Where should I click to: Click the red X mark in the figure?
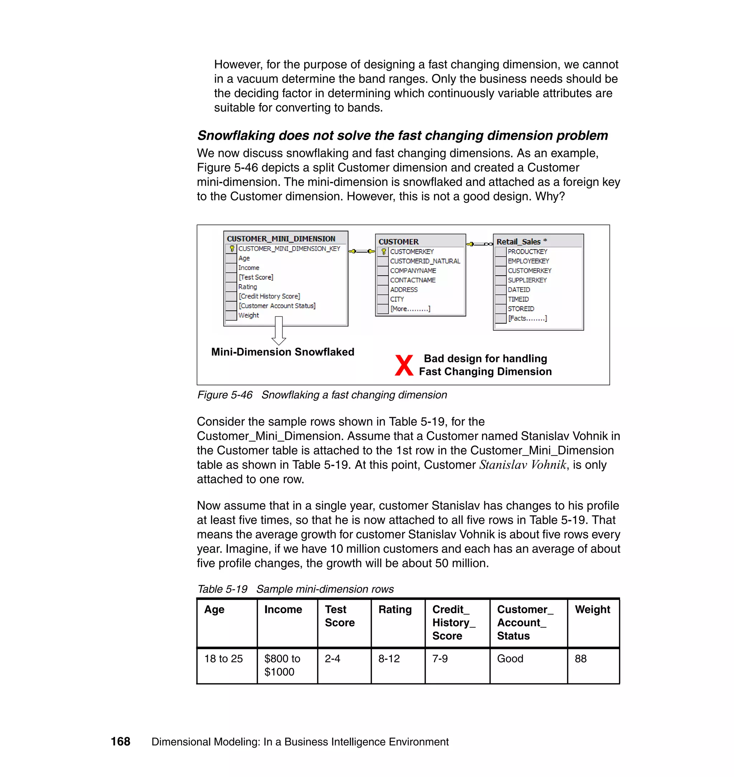[x=404, y=366]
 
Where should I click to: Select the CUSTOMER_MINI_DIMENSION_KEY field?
[x=289, y=248]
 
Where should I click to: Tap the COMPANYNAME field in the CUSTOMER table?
[x=413, y=271]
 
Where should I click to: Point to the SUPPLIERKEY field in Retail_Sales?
[x=527, y=280]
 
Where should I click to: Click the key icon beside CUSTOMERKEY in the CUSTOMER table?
[x=383, y=252]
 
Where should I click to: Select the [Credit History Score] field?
[x=269, y=296]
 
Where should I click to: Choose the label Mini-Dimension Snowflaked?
[x=282, y=352]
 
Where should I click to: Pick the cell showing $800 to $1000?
[x=282, y=665]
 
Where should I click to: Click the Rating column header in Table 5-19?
[x=395, y=610]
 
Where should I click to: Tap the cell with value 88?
[x=580, y=659]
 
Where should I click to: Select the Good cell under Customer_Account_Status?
[x=510, y=659]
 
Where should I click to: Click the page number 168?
[x=120, y=742]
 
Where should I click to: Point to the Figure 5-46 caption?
[x=321, y=395]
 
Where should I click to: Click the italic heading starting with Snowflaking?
[x=402, y=135]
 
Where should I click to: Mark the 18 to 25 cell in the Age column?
[x=223, y=659]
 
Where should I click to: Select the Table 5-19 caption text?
[x=295, y=589]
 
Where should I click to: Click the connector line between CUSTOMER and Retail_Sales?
[x=480, y=244]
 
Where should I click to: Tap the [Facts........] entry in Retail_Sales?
[x=527, y=319]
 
